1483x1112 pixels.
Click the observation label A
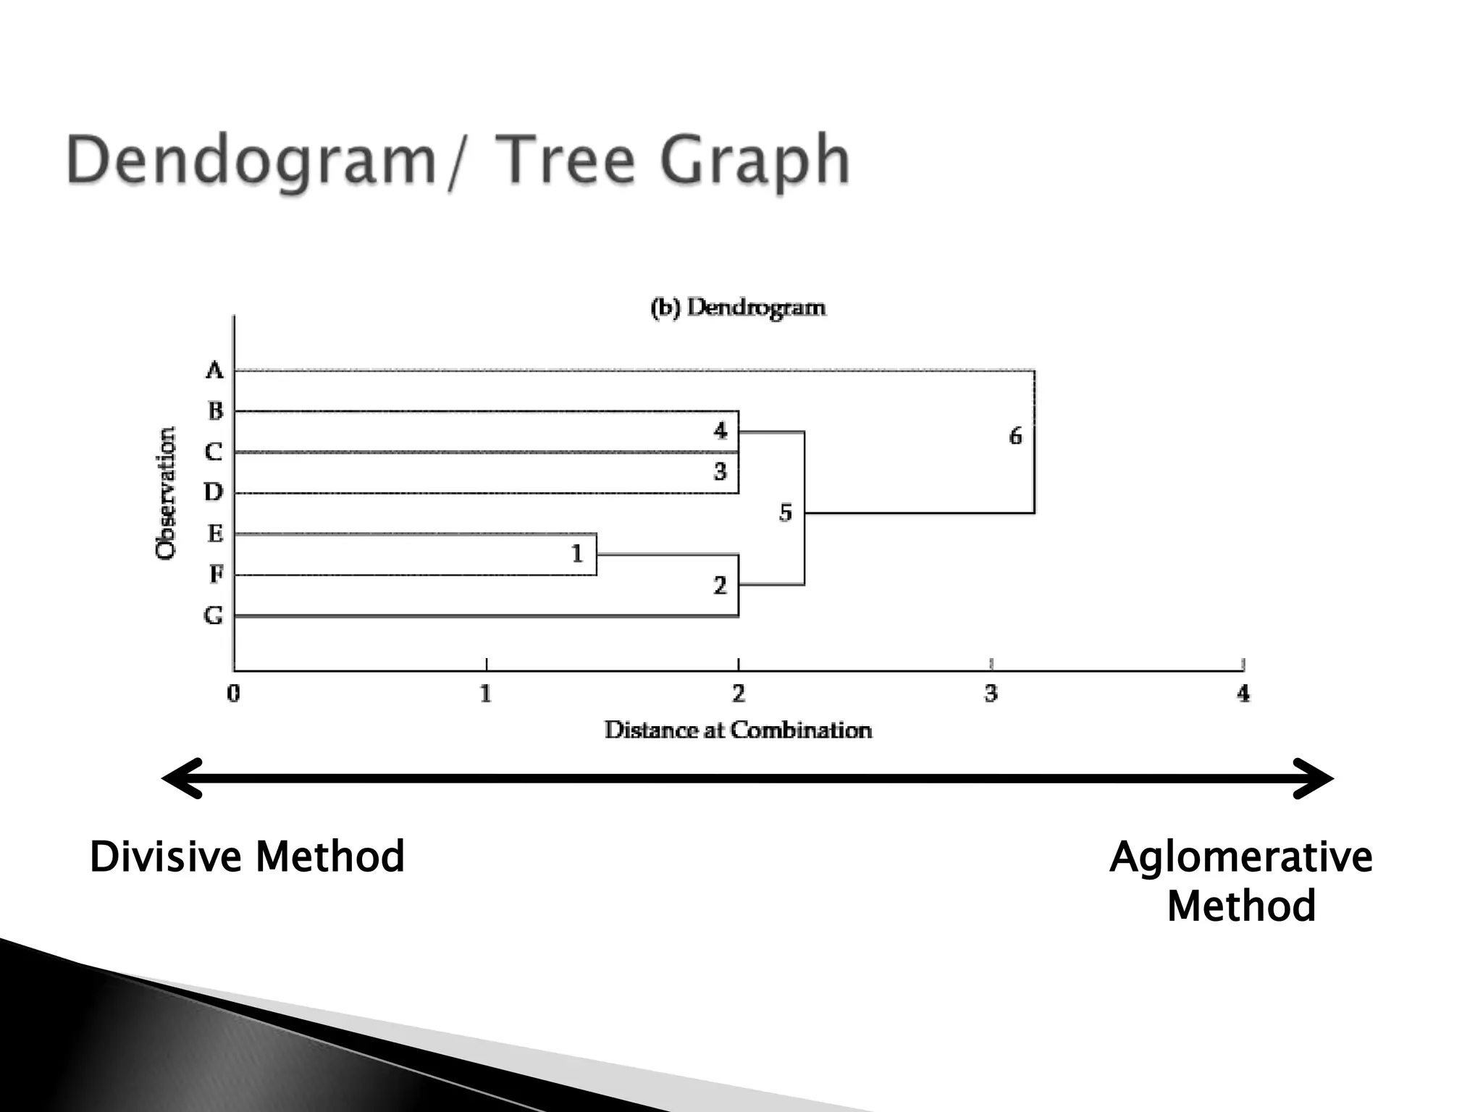214,371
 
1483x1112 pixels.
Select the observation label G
214,615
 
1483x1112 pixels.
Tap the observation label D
214,492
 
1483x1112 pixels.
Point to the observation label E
215,534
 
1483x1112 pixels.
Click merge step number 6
1015,436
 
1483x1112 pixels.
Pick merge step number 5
786,513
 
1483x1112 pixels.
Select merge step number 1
577,554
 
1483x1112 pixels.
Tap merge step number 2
720,585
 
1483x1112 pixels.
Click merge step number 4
720,431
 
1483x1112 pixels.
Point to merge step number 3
720,471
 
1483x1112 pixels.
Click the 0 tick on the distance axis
233,694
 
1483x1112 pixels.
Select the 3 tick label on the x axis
991,694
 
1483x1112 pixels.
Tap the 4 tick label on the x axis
1243,694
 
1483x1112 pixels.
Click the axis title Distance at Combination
738,730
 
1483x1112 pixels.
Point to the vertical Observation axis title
166,493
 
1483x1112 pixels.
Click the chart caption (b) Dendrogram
738,308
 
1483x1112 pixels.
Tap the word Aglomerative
1240,857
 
